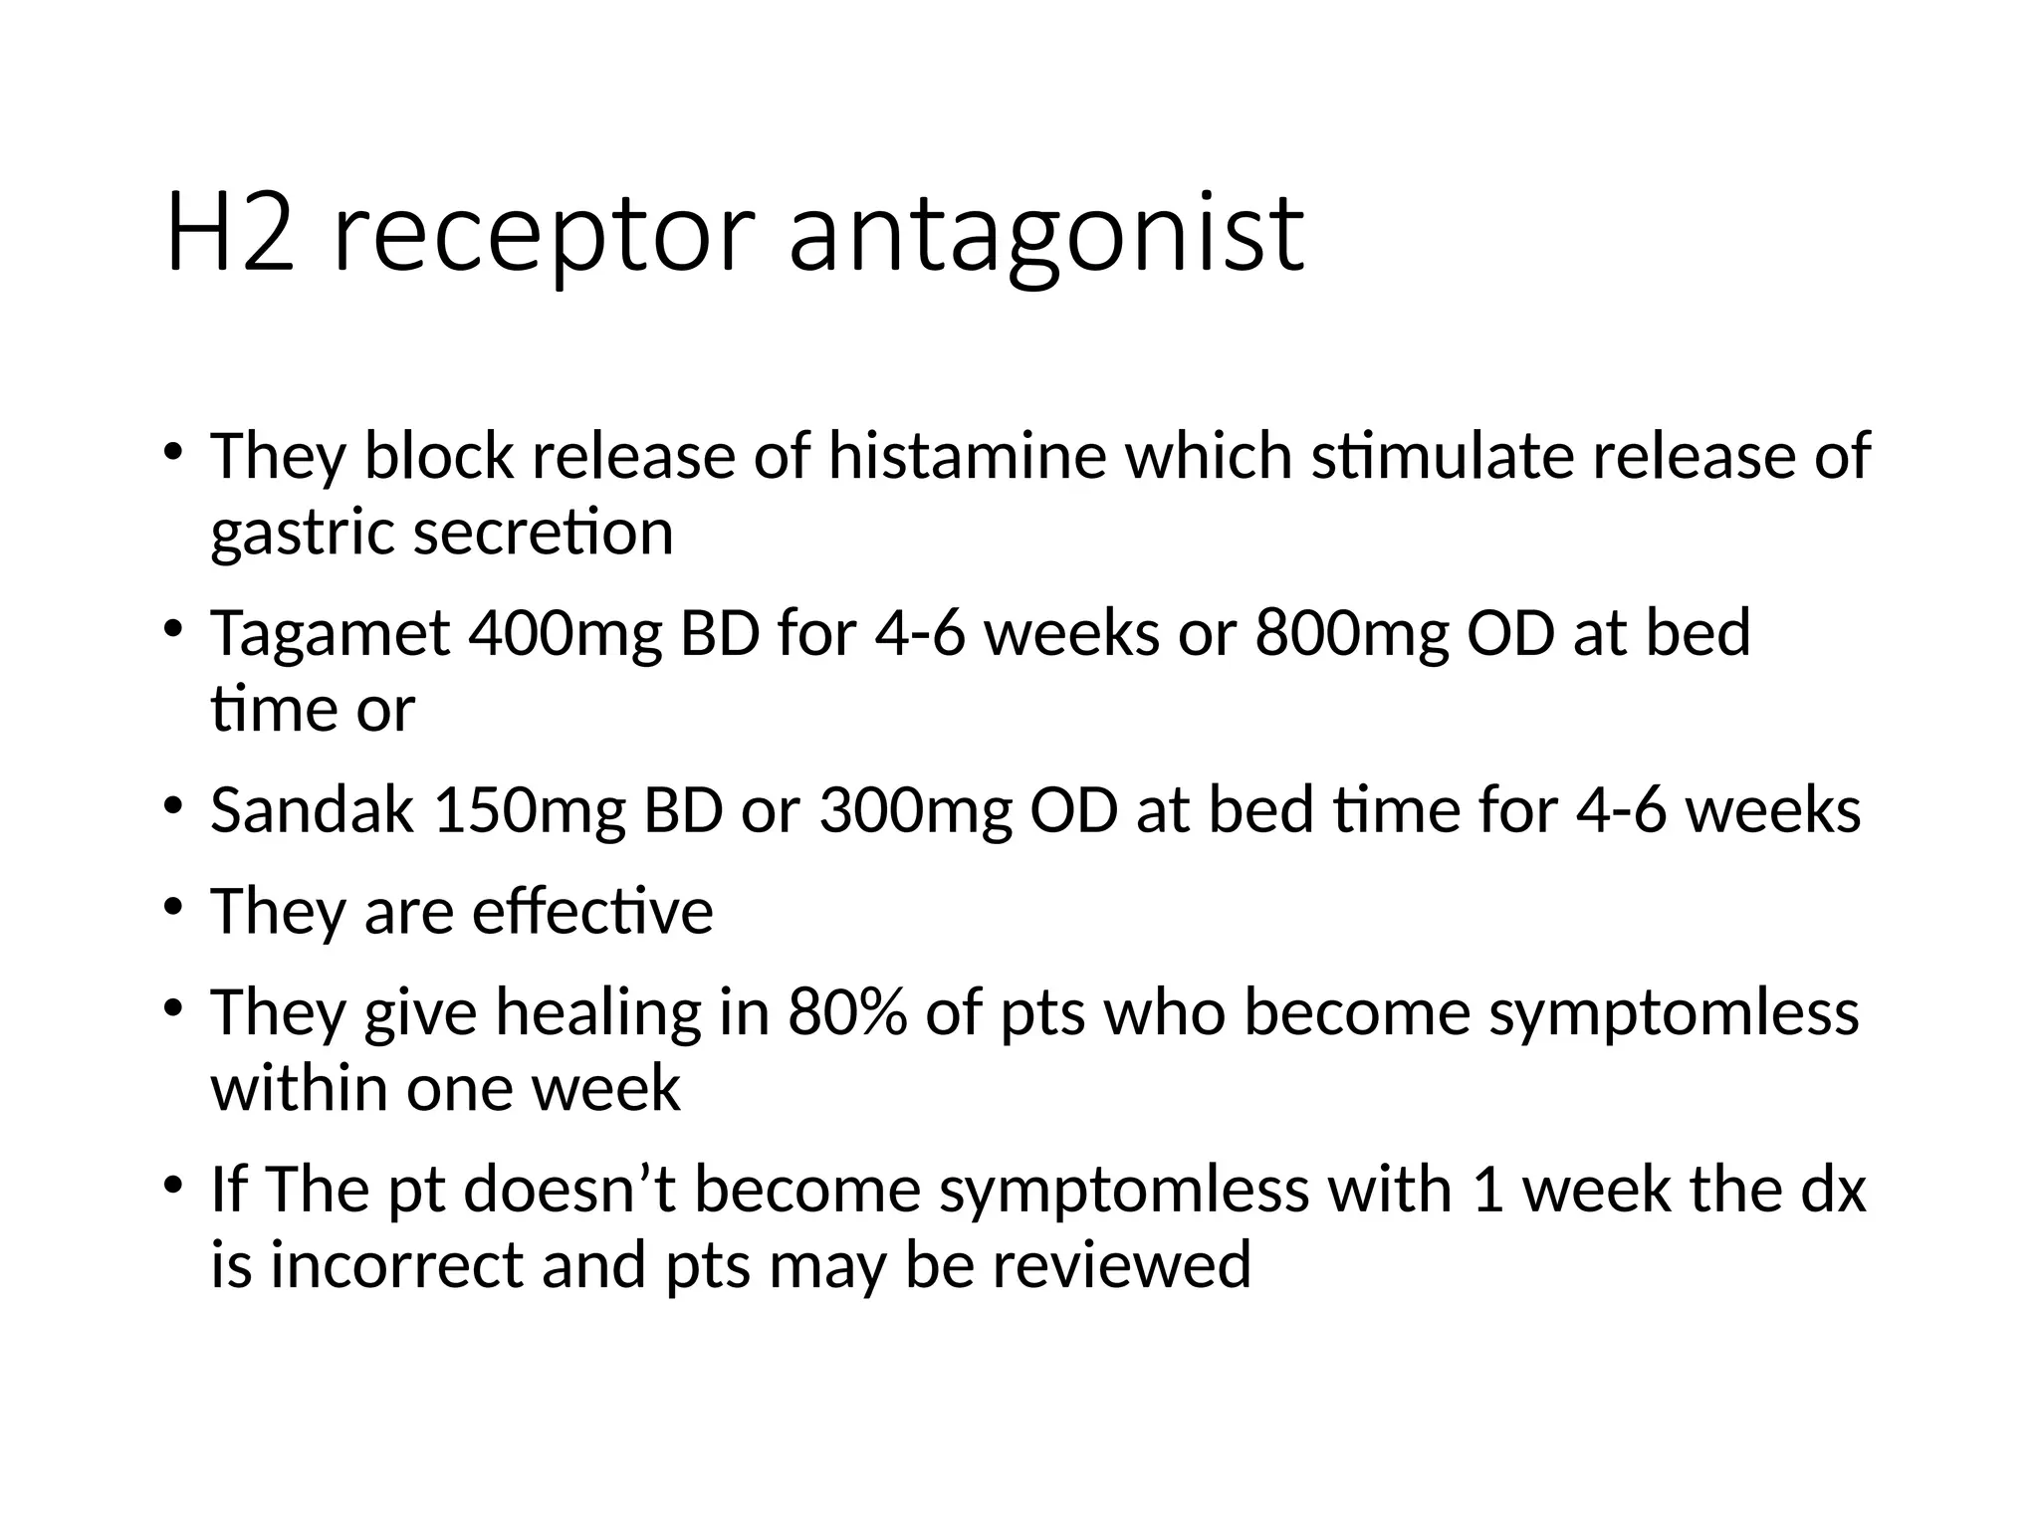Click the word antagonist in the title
click(1045, 235)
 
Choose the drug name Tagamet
click(330, 634)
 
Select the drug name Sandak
click(313, 810)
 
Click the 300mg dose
click(915, 810)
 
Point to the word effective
click(592, 911)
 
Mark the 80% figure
click(847, 1012)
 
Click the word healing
click(598, 1014)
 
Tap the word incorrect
click(396, 1264)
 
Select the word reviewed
click(1120, 1264)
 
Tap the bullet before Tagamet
click(174, 630)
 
